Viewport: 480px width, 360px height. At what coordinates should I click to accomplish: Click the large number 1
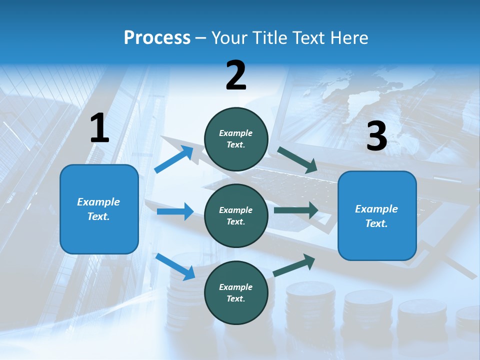coord(99,128)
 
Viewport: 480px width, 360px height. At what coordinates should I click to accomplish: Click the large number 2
coord(236,75)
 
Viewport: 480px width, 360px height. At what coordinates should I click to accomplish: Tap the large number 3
coord(377,136)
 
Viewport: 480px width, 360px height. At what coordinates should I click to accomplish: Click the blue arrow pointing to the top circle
coord(174,159)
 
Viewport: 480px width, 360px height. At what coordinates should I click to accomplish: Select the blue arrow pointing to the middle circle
coord(175,211)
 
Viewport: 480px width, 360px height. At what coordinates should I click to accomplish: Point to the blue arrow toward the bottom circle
coord(175,266)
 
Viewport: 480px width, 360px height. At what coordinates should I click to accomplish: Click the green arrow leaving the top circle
coord(297,160)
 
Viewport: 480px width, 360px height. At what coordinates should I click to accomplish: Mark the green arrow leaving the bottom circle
coord(294,265)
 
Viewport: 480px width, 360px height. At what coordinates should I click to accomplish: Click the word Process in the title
coord(157,37)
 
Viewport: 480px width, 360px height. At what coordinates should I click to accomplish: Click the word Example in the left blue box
coord(98,202)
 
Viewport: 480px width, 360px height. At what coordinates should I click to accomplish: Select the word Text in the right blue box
coord(376,223)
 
